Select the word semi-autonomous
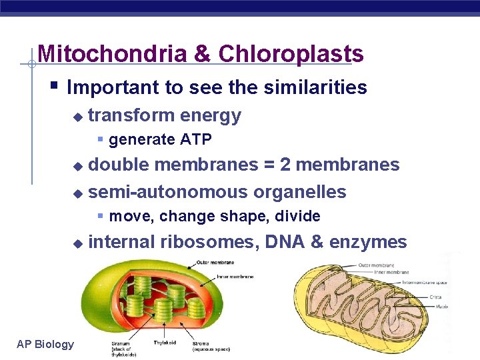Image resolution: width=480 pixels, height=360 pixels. (167, 192)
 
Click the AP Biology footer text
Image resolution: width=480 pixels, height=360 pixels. (45, 344)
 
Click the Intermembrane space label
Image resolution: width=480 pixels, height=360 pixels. (425, 283)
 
